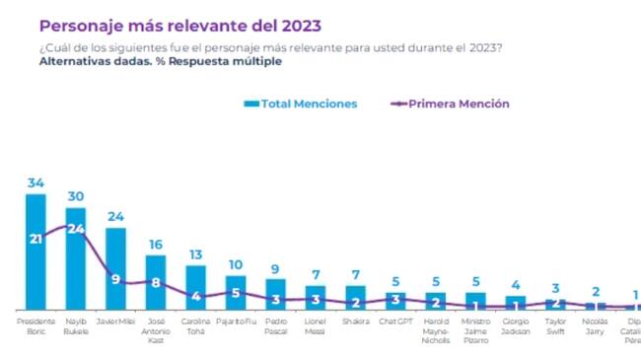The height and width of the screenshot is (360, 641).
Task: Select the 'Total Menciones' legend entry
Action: (x=300, y=104)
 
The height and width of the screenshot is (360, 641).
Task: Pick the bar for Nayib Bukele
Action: (x=76, y=271)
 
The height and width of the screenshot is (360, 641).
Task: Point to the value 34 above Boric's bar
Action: (x=36, y=182)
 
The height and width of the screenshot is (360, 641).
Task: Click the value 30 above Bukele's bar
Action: (x=76, y=196)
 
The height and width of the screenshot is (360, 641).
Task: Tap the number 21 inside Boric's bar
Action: (x=36, y=238)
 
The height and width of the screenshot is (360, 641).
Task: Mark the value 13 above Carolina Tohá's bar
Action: (x=195, y=254)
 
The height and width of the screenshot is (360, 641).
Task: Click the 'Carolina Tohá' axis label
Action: (x=195, y=325)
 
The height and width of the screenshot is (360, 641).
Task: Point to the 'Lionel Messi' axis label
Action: (x=316, y=325)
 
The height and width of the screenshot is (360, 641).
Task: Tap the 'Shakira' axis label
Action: (x=355, y=321)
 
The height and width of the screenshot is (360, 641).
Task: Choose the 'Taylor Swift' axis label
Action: (x=555, y=325)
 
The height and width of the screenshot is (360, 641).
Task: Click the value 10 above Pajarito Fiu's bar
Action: (x=236, y=264)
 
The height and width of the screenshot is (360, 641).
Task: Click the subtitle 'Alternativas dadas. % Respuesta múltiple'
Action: (x=160, y=61)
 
